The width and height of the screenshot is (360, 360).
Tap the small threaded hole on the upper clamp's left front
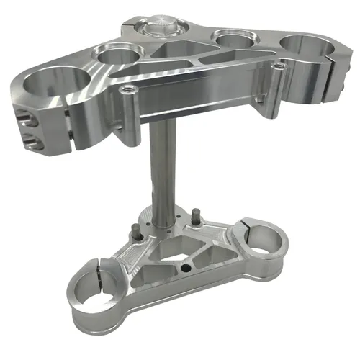pyautogui.click(x=127, y=90)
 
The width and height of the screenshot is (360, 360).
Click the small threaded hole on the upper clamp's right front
pyautogui.click(x=278, y=66)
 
